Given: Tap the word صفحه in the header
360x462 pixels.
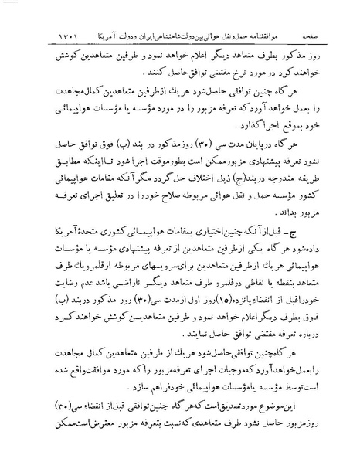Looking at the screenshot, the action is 29,15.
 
